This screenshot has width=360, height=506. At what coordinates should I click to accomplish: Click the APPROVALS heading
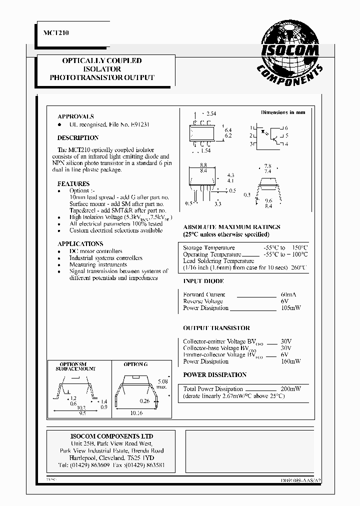click(x=75, y=116)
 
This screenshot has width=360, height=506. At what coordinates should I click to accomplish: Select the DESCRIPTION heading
click(x=78, y=137)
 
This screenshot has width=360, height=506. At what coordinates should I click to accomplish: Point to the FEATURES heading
click(x=73, y=183)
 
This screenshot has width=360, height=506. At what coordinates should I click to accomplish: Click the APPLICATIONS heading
click(x=80, y=244)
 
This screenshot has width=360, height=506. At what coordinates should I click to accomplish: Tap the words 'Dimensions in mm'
click(x=282, y=112)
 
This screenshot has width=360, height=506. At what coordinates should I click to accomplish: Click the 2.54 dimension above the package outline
click(x=211, y=114)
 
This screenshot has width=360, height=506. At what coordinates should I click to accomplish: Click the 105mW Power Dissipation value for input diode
click(x=290, y=308)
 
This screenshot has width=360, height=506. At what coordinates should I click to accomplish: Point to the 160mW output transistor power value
click(x=290, y=361)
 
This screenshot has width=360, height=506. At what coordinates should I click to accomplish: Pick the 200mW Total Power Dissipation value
click(x=290, y=388)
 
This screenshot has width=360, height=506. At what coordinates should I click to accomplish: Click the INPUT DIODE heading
click(x=203, y=281)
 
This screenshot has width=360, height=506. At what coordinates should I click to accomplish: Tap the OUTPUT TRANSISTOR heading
click(x=216, y=328)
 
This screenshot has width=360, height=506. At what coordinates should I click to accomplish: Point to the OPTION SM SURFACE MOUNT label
click(x=75, y=366)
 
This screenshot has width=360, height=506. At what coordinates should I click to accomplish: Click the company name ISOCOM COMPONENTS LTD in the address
click(x=111, y=436)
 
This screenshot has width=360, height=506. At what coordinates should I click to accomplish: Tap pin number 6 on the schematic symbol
click(x=286, y=128)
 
